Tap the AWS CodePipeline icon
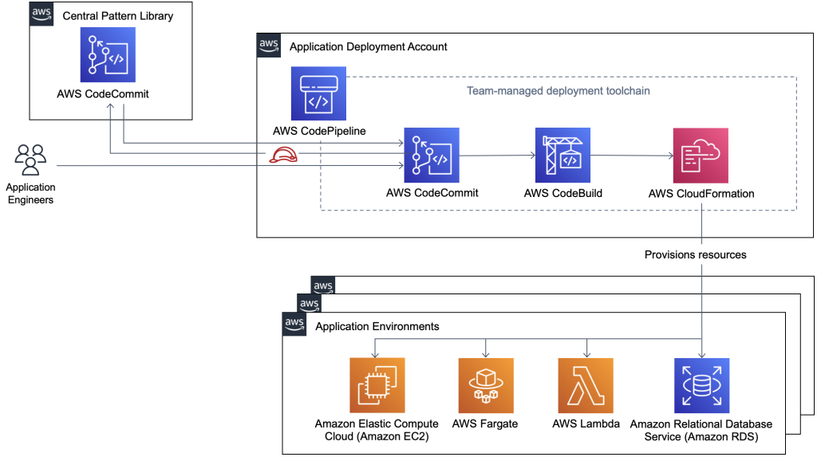coord(319,93)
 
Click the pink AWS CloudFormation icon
coord(701,156)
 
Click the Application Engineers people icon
coord(30,160)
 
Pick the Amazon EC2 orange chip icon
coord(377,385)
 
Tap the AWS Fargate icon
coord(485,385)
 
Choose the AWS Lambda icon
coord(586,385)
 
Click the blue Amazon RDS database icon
coord(701,385)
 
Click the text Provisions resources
coord(696,255)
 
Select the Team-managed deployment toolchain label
coord(558,91)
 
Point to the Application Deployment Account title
coord(368,47)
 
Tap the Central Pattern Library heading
coord(117,16)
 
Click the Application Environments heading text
coord(377,327)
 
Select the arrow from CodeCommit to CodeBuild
coord(496,156)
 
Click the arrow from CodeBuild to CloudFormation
coord(630,156)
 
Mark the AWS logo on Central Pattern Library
coord(41,14)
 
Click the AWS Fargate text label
coord(485,424)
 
